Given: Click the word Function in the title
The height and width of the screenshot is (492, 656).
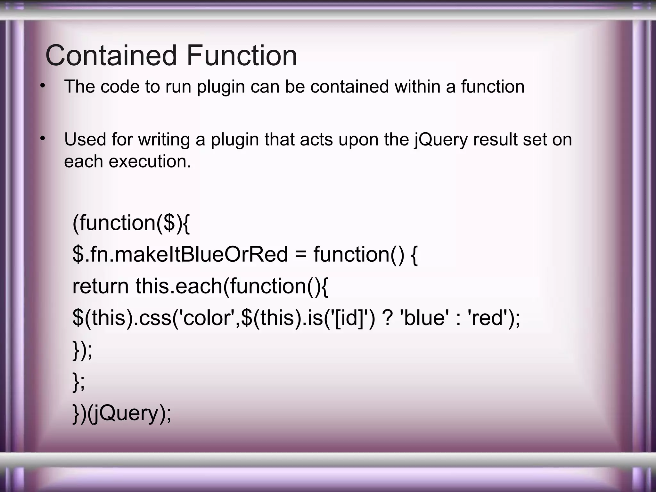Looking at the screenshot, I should [x=242, y=56].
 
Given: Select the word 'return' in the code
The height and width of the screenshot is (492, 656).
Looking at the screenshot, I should [x=100, y=286].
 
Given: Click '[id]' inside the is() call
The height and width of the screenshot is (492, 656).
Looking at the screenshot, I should [x=348, y=318].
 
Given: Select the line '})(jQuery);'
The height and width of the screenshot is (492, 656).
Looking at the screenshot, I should [x=122, y=413].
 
